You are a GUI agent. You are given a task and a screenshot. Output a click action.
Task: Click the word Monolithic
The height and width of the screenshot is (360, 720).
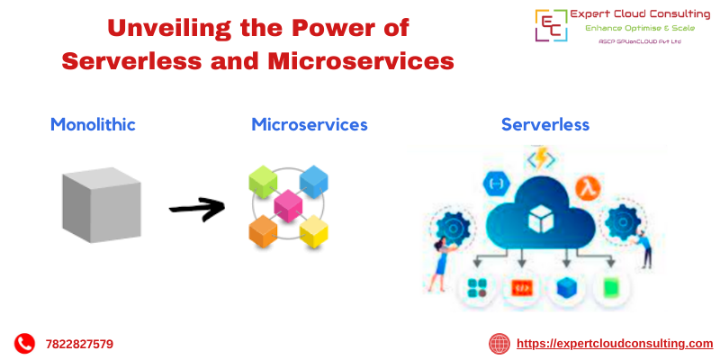(93, 124)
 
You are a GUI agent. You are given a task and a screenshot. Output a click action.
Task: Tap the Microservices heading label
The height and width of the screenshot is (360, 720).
(310, 124)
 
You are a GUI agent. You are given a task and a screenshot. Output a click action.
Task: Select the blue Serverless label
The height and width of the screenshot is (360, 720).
(545, 124)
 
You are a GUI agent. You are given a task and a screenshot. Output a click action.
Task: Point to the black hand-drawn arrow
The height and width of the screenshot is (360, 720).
(197, 209)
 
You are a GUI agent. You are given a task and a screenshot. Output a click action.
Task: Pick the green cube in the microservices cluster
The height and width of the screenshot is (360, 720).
(263, 182)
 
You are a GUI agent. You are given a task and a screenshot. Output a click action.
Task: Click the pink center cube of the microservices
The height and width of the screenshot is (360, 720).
(288, 206)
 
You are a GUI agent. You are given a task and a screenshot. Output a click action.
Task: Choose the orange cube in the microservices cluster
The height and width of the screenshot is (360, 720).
(263, 231)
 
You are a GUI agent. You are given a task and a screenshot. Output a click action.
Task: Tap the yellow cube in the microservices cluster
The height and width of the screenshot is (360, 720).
(313, 232)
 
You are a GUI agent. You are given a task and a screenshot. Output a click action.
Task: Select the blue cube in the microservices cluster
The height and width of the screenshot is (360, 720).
(313, 182)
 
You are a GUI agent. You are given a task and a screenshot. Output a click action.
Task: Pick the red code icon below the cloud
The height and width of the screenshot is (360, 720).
(521, 288)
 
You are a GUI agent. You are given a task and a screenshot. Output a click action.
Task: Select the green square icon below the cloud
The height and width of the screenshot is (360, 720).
(610, 288)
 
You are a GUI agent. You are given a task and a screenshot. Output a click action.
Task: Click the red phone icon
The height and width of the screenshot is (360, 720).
(24, 343)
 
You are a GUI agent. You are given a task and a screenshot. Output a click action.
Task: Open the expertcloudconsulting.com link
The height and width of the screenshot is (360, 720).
(614, 343)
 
